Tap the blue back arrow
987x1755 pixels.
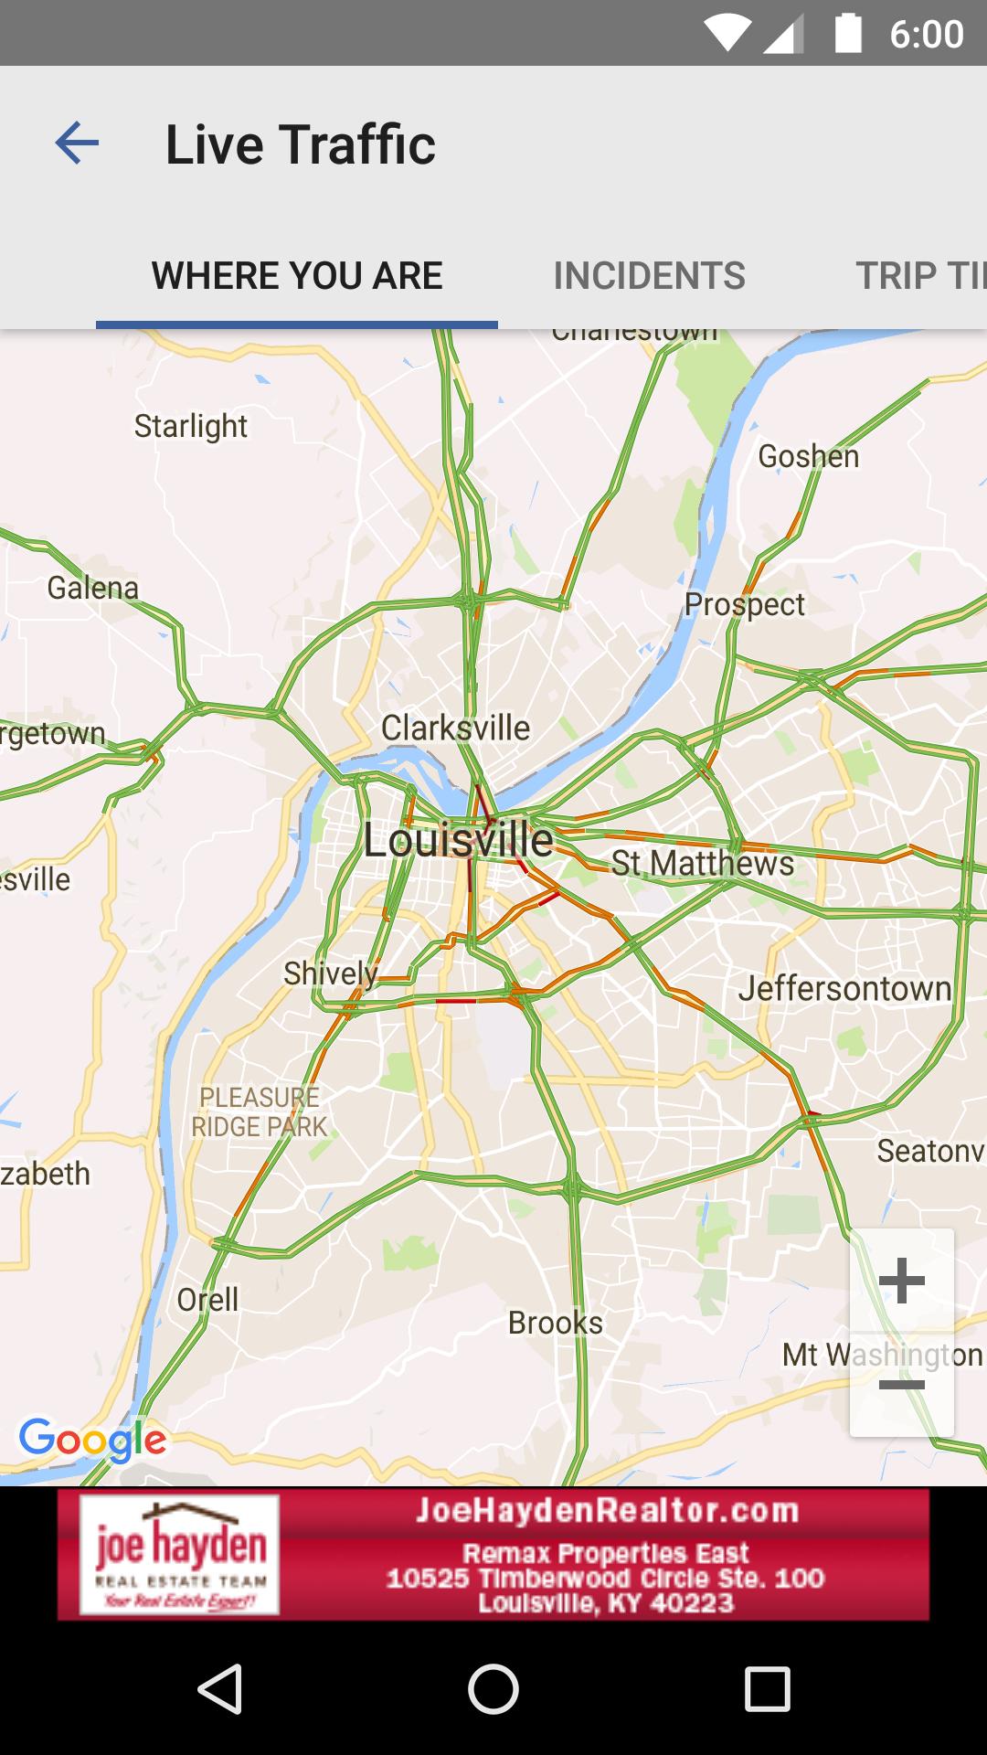77,144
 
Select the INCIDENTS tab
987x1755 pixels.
649,275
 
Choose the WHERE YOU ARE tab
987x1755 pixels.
297,275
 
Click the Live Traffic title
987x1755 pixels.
300,144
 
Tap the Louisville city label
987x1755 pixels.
458,840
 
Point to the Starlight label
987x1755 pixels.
190,426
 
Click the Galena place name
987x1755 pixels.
92,588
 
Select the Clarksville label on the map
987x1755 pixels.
455,729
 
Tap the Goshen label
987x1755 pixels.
808,456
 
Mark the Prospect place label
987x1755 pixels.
745,604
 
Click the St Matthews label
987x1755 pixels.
702,863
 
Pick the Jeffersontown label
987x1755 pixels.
844,988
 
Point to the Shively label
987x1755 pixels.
330,973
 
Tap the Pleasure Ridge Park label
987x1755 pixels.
260,1111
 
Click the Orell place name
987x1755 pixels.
207,1299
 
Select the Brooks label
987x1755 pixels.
555,1323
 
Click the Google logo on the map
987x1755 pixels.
92,1440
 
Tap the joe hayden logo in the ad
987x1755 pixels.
180,1554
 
